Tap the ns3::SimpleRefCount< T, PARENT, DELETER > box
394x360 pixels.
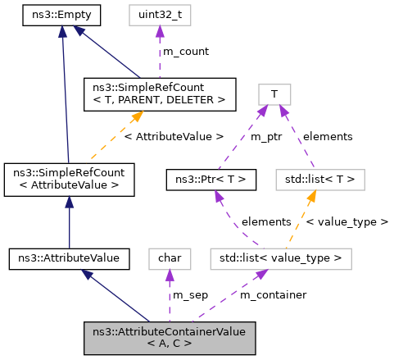pos(160,95)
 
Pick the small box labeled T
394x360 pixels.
pos(274,94)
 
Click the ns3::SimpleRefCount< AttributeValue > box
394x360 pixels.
pos(69,180)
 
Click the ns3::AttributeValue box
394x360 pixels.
pos(69,258)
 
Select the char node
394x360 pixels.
pos(170,258)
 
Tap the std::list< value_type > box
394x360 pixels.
pos(281,258)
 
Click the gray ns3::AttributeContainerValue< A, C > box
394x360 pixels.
pos(170,337)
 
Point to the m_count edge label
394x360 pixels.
pos(185,52)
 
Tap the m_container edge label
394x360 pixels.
pos(273,294)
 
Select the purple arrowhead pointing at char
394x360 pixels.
pos(170,275)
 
